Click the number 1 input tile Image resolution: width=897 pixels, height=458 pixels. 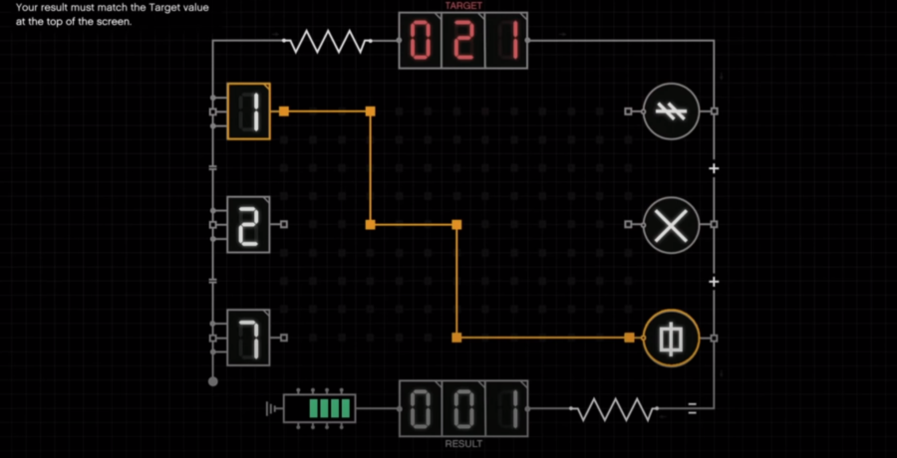249,111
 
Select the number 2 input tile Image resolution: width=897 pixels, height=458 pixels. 249,224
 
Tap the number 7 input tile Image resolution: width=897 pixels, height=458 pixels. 249,338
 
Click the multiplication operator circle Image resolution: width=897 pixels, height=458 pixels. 671,224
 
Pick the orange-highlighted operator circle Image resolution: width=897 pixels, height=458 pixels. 671,338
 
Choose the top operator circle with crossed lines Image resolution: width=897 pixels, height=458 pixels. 671,112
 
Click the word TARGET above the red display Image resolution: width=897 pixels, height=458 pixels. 463,6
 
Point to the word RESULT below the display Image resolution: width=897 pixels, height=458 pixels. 463,444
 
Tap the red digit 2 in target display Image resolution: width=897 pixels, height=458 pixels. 463,41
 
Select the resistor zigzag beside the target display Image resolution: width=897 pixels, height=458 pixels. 327,41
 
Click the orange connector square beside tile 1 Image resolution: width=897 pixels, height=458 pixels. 284,112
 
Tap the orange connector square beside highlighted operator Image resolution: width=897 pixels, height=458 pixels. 629,338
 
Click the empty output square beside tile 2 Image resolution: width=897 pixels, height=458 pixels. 284,225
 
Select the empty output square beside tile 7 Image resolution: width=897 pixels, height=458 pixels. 284,338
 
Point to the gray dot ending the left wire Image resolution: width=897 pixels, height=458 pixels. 213,381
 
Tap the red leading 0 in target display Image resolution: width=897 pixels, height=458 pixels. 420,41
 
